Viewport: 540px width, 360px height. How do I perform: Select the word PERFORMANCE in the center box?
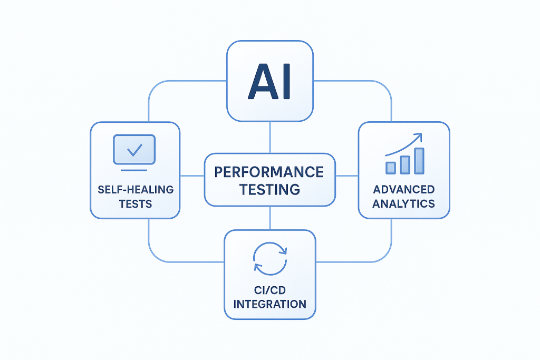(269, 171)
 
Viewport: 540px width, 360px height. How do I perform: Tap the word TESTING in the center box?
(269, 189)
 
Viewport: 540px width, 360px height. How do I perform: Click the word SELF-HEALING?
(135, 189)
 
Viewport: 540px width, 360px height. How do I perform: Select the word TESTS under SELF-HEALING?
(135, 204)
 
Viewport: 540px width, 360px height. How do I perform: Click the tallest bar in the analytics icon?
(419, 160)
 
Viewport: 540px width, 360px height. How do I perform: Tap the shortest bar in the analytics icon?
(391, 168)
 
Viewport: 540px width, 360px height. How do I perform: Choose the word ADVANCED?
(404, 189)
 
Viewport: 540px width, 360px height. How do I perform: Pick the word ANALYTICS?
(404, 203)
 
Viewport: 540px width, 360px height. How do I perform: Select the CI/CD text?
(269, 289)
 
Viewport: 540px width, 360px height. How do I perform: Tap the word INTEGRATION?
(269, 304)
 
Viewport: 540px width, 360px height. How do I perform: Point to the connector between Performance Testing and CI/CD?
(270, 217)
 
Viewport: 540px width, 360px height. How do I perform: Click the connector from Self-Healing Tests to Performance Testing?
(192, 176)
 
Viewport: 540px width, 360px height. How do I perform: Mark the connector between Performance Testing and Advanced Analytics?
(346, 176)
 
